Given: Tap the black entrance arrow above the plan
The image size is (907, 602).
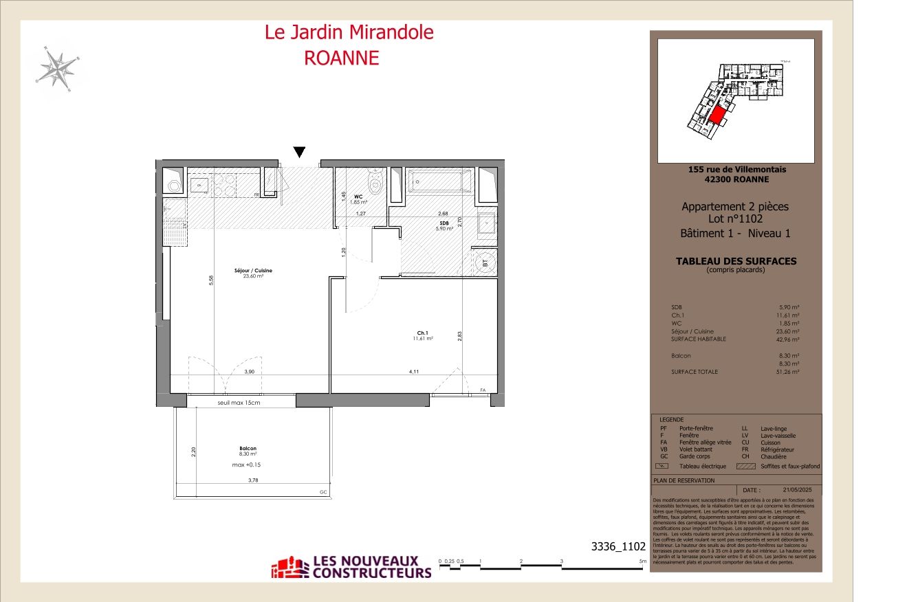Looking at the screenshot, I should click(298, 152).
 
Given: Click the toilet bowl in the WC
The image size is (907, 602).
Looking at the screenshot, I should click(375, 182).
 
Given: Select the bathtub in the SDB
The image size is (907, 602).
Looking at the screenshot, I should click(439, 181).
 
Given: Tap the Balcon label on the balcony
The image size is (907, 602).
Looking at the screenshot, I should click(248, 448).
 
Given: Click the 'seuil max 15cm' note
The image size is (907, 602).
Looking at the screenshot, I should click(239, 403).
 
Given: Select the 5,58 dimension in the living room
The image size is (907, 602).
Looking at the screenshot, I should click(212, 281).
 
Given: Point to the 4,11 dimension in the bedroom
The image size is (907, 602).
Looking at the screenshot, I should click(414, 372).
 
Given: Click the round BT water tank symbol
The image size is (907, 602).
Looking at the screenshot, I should click(483, 262).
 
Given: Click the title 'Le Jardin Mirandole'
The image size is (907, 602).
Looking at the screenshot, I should click(349, 32).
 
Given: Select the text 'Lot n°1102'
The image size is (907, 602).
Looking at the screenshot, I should click(734, 219).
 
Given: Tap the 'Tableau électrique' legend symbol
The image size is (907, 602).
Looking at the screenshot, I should click(665, 466).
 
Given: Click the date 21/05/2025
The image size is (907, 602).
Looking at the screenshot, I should click(797, 489).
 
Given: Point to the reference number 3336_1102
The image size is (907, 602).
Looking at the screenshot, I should click(618, 547).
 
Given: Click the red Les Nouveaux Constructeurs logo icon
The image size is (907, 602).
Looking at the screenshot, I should click(290, 567).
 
